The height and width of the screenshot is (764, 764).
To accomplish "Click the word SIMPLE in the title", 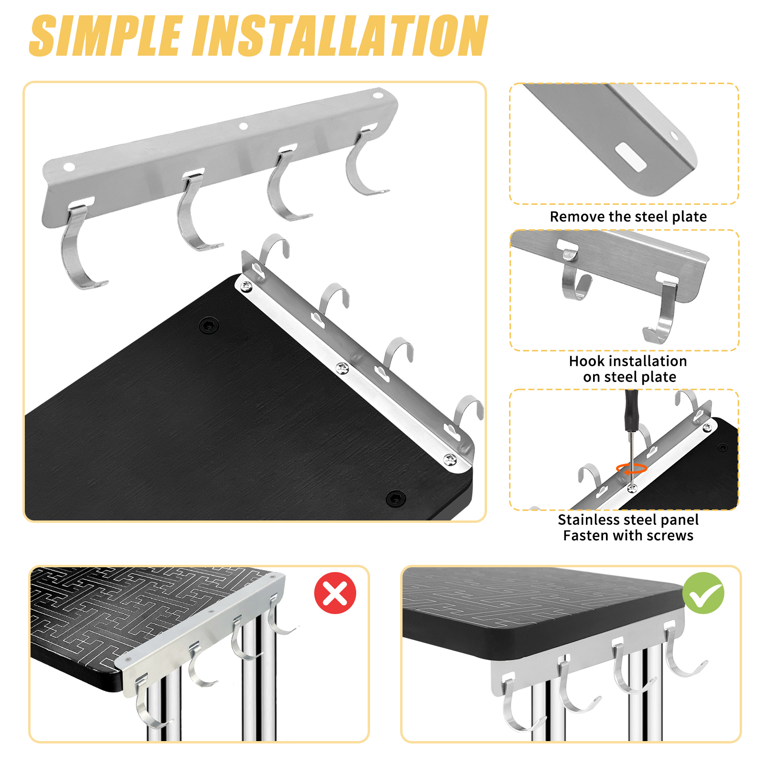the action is click(x=106, y=35).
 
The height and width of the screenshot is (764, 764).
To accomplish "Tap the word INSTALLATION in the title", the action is click(x=341, y=35).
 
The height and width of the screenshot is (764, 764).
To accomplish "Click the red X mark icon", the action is click(x=335, y=593).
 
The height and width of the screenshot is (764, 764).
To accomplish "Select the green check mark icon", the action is click(x=703, y=593).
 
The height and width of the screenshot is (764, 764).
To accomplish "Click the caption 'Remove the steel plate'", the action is click(x=628, y=216).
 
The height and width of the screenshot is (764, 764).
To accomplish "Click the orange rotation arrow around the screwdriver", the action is click(x=631, y=468).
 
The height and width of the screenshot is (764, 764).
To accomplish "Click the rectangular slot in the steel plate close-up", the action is click(x=631, y=156).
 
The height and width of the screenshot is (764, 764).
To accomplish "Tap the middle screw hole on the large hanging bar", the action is click(x=243, y=126).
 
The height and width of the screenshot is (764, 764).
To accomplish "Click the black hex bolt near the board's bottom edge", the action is click(x=396, y=499).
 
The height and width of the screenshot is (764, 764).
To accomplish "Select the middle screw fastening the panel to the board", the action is click(x=342, y=368).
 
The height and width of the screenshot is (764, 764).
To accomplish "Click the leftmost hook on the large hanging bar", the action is click(x=81, y=246).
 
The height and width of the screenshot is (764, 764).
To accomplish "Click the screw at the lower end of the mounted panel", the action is click(x=450, y=460).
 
